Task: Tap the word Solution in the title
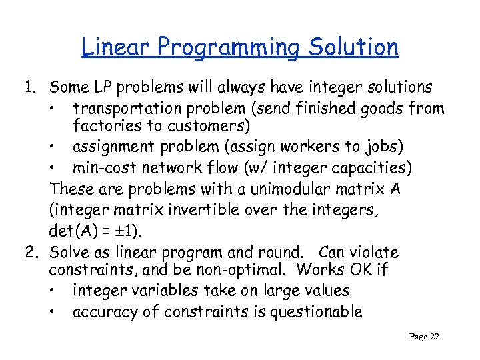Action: tap(353, 47)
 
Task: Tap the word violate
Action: tap(374, 253)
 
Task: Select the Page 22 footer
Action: tap(424, 337)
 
